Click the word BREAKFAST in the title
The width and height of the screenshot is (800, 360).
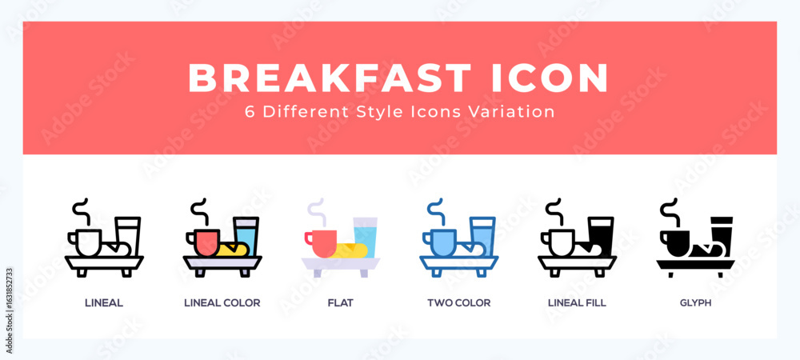[x=330, y=78]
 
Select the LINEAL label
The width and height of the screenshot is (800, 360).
[x=104, y=303]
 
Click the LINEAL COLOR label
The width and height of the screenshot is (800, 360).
[x=222, y=303]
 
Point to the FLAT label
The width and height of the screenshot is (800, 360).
[x=340, y=303]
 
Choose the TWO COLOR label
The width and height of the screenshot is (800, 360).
[x=458, y=303]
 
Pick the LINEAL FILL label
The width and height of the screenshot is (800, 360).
[x=577, y=303]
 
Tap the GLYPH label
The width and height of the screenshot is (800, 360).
[x=695, y=303]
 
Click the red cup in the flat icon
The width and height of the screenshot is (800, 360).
[x=322, y=243]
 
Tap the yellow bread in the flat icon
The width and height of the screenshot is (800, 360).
[x=351, y=250]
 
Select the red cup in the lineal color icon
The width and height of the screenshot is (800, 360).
[x=204, y=242]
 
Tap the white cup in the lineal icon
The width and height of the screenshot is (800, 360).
[x=86, y=242]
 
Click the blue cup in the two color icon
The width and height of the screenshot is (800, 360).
[x=441, y=242]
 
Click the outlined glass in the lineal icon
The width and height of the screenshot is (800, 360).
[x=128, y=235]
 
